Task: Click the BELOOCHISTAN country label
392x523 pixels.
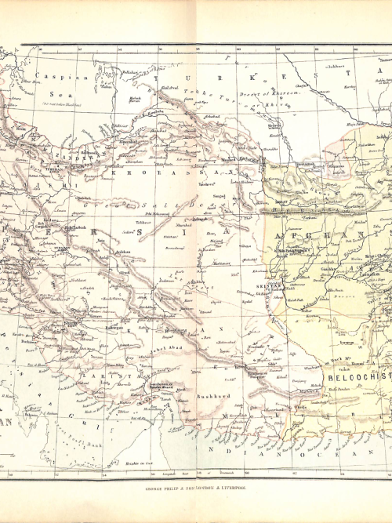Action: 358,378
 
